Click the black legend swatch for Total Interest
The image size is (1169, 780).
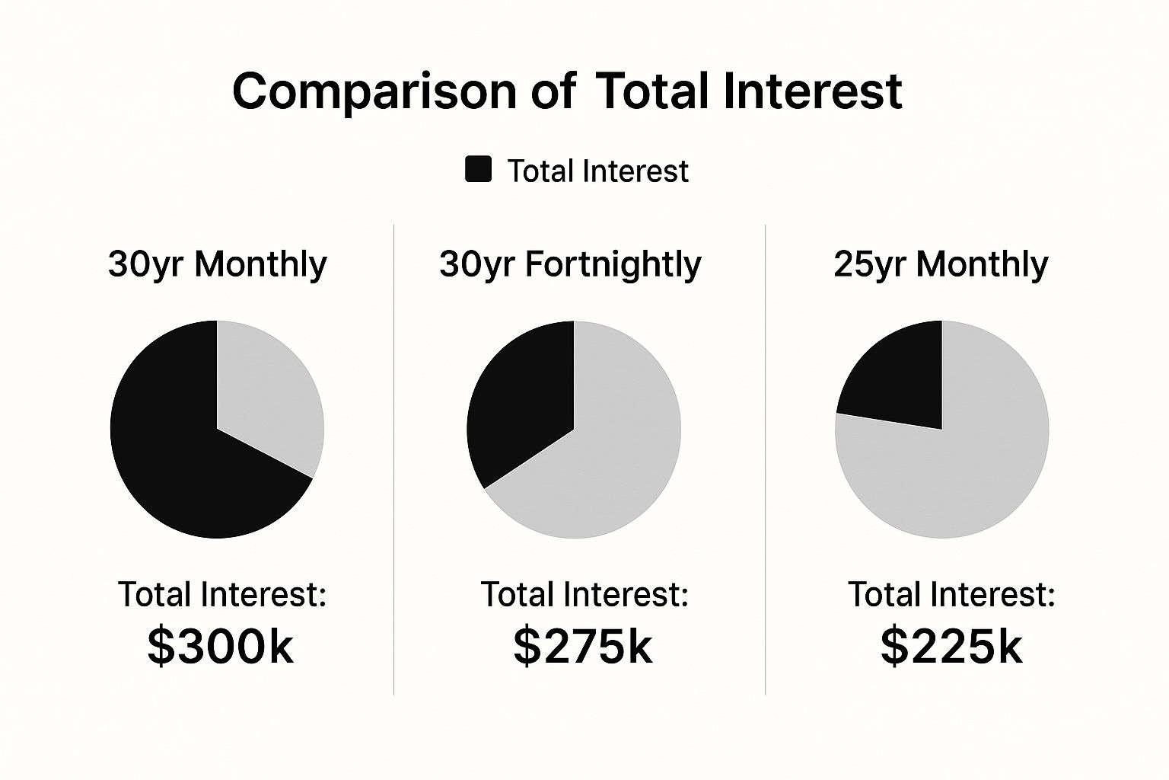pos(478,170)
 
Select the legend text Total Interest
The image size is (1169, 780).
pos(597,171)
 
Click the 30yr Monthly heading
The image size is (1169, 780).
pos(218,264)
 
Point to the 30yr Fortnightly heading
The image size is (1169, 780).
pos(570,264)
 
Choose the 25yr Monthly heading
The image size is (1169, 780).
pos(941,264)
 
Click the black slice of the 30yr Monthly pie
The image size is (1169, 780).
pos(183,457)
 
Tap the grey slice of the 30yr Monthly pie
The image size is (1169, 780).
pos(266,396)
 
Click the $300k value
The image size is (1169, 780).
pos(220,646)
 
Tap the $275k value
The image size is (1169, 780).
pos(583,646)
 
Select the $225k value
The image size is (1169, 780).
pos(951,646)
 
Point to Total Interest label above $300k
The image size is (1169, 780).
pos(222,594)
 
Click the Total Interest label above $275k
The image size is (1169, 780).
pos(584,594)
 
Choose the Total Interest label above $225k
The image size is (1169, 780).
pos(952,594)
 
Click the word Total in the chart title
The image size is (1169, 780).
pos(653,91)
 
